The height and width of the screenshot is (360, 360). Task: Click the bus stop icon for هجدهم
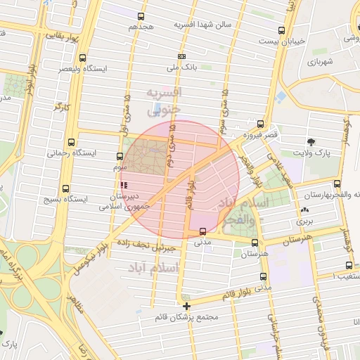pos(141,16)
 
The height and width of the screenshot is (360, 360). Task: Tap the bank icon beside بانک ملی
pos(182,56)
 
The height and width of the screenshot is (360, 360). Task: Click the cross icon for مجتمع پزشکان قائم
pos(186,306)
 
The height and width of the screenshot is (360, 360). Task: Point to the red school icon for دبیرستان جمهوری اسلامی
pos(124,186)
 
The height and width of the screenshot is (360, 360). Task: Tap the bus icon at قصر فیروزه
pos(260,123)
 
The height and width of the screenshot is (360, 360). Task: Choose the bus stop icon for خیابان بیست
pos(282,30)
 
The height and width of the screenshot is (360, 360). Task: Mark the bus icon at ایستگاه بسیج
pos(65,188)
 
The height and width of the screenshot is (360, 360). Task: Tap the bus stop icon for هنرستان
pos(255,242)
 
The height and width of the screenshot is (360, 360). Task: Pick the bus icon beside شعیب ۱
pos(349,265)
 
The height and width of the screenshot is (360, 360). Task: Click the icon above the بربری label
pos(304,210)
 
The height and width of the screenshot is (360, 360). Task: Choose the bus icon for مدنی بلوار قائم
pos(263,277)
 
